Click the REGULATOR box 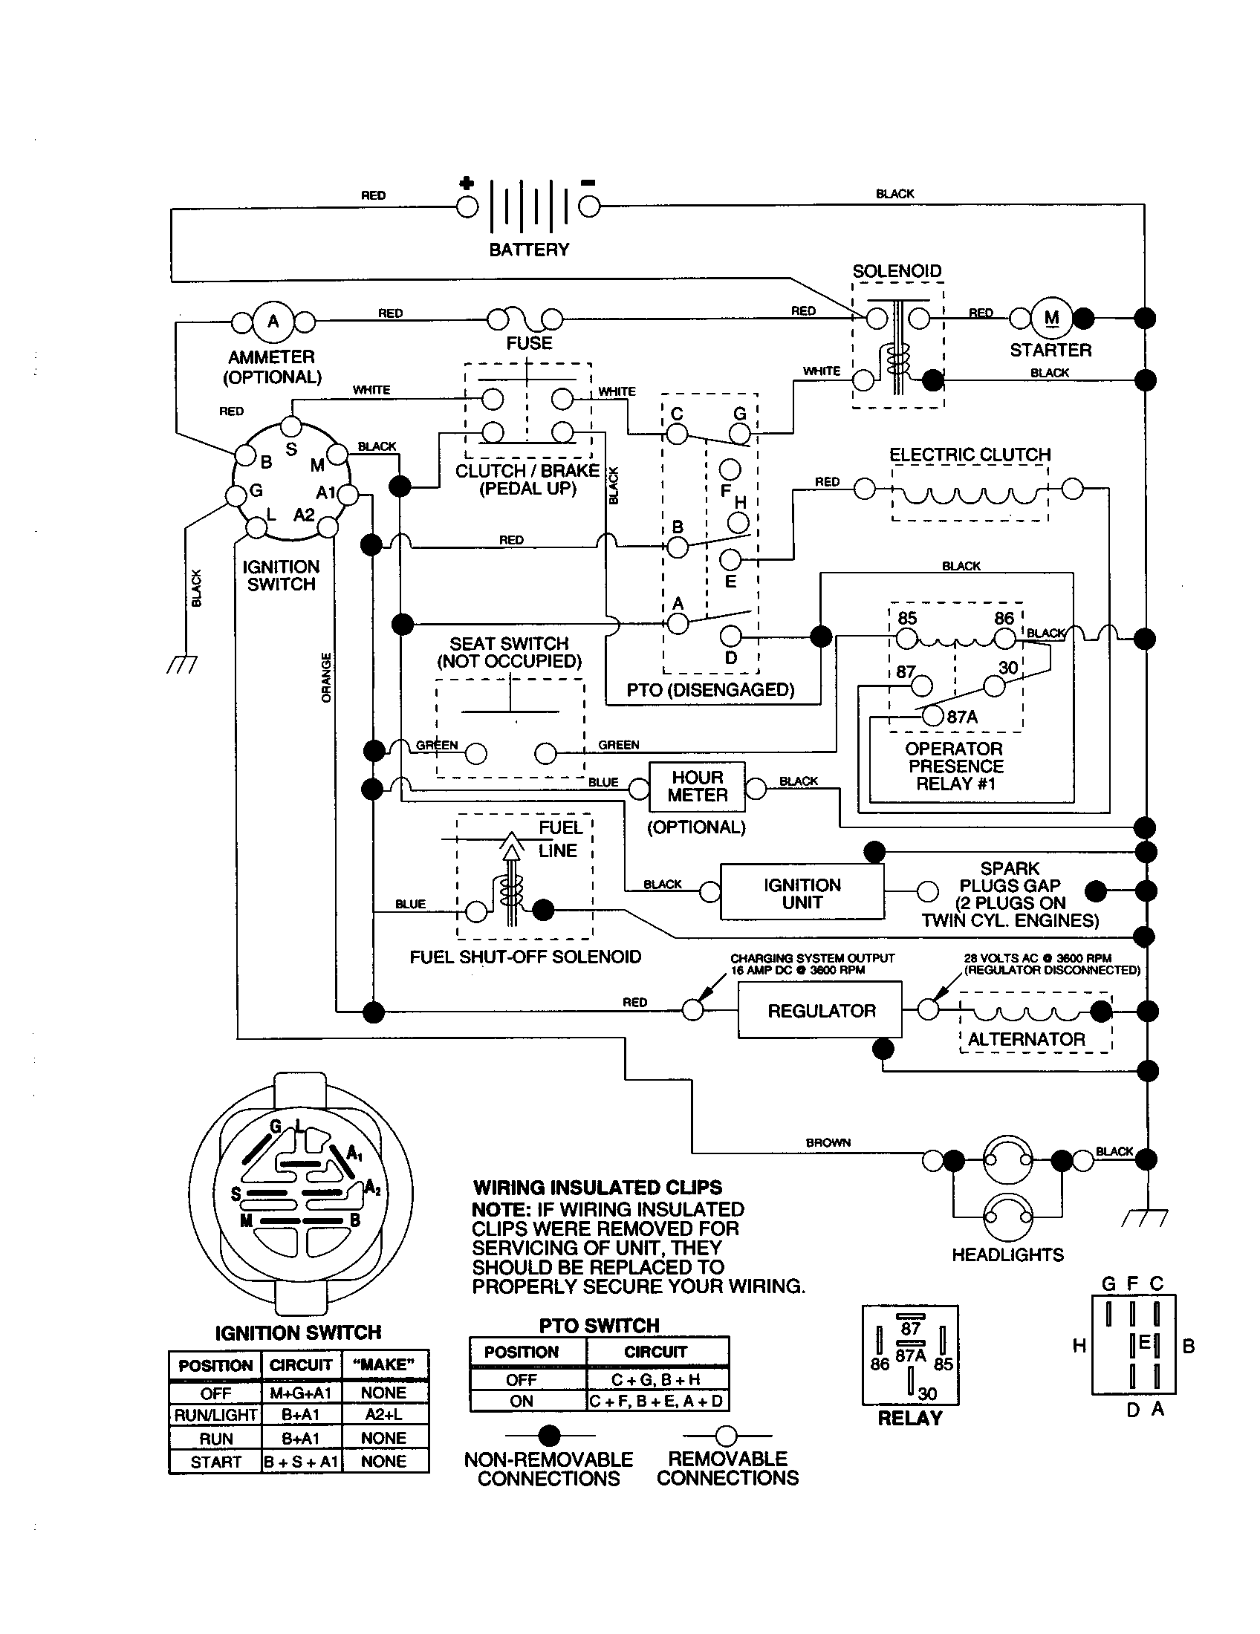[x=820, y=1011]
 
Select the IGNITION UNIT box [x=802, y=894]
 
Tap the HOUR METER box [x=697, y=787]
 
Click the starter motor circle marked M [x=1051, y=318]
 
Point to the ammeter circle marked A [x=273, y=322]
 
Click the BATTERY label [x=529, y=250]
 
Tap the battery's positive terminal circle [x=467, y=206]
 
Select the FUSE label [x=529, y=343]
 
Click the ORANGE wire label [x=326, y=677]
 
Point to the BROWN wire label [x=828, y=1142]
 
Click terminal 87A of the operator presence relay [x=932, y=715]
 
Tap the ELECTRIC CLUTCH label [x=970, y=455]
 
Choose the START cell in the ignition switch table [x=215, y=1462]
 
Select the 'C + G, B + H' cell [x=655, y=1379]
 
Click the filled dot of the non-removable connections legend [x=550, y=1435]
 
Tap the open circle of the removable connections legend [x=726, y=1435]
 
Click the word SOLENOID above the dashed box [x=897, y=271]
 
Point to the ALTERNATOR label [x=1026, y=1039]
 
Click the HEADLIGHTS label [x=1007, y=1254]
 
